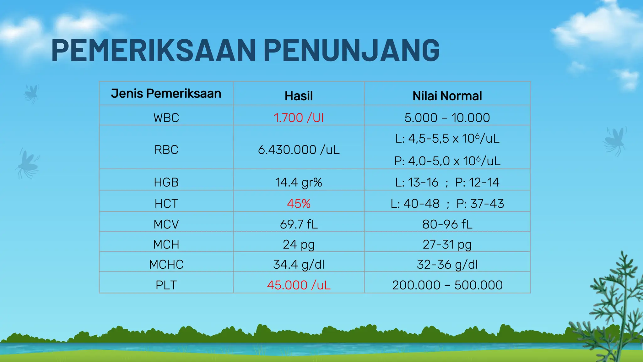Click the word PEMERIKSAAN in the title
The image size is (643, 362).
coord(154,50)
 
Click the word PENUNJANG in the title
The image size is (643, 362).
coord(352,50)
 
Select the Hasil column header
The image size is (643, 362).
coord(299,96)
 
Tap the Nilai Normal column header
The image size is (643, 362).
coord(447,96)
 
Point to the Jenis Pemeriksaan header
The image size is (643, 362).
coord(166,94)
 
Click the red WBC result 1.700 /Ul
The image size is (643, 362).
coord(299,118)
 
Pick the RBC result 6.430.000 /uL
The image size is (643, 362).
coord(299,150)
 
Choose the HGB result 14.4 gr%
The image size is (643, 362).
coord(299,182)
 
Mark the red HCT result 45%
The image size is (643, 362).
coord(299,204)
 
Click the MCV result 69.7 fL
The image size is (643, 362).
coord(299,224)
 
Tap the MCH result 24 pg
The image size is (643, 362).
coord(299,244)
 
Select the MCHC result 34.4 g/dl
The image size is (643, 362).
coord(299,265)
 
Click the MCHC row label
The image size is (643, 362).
coord(166,265)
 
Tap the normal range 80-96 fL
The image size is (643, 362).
coord(447,224)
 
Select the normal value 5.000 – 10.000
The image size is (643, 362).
coord(447,118)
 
